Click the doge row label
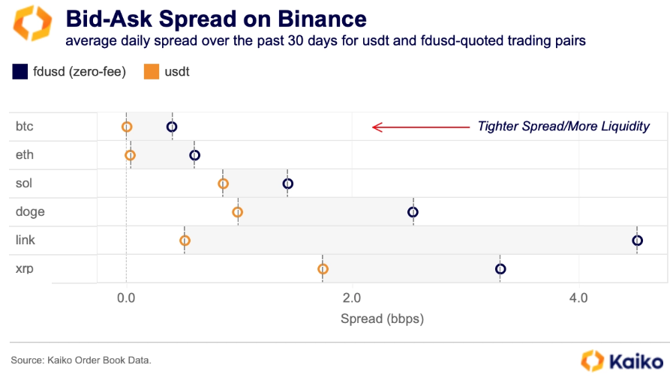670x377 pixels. click(x=30, y=212)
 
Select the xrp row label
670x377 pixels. click(x=24, y=269)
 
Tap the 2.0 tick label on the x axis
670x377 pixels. click(x=352, y=298)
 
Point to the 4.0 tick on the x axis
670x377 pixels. click(x=578, y=298)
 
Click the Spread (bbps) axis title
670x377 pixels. click(x=382, y=319)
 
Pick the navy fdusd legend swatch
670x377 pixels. click(x=20, y=72)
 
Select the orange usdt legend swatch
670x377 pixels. click(x=152, y=72)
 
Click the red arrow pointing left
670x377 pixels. click(x=421, y=127)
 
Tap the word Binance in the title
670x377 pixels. click(x=322, y=19)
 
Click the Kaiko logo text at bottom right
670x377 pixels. click(x=636, y=362)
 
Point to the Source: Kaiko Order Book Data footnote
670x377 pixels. click(x=81, y=361)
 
